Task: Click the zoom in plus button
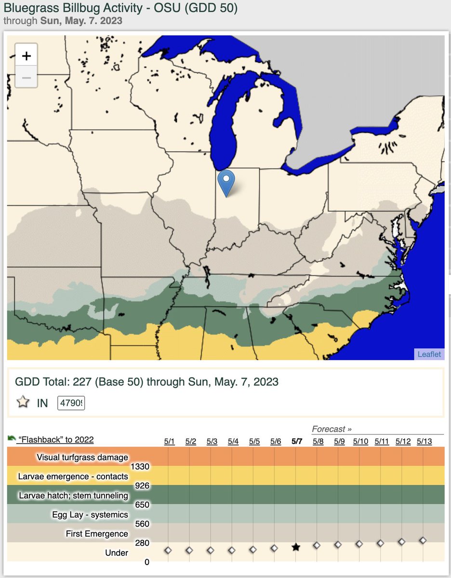27,56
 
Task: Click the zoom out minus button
27,78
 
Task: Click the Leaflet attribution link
429,354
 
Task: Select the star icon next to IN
23,403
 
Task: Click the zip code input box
71,403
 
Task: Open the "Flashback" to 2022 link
55,439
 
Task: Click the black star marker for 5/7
296,547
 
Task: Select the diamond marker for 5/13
423,540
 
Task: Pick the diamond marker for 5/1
168,550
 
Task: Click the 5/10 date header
360,441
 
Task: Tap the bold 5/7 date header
297,441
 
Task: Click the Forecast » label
332,429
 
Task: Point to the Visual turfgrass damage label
82,457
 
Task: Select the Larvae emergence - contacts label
73,476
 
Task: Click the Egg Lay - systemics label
90,514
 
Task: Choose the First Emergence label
97,534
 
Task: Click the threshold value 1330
140,466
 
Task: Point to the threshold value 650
142,505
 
